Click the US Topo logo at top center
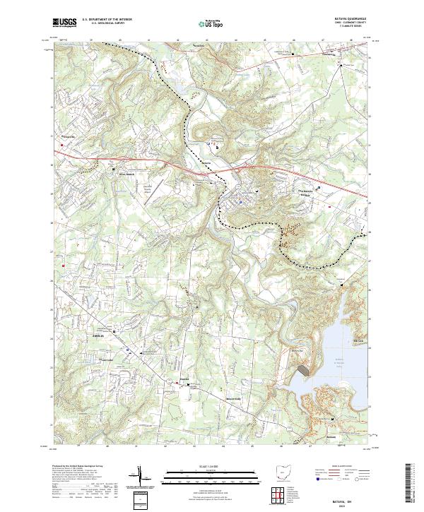(x=209, y=23)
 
